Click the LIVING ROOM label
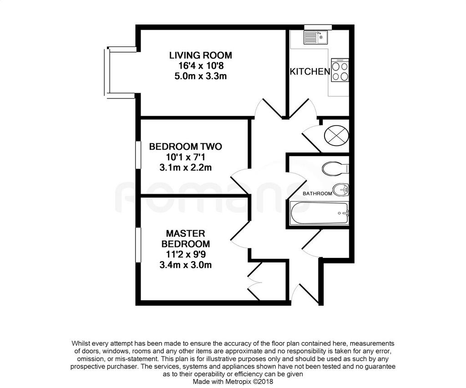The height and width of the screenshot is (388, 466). click(x=201, y=55)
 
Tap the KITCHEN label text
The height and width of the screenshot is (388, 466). click(x=309, y=71)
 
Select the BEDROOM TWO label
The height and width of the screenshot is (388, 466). click(x=186, y=147)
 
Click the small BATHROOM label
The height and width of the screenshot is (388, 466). click(x=317, y=194)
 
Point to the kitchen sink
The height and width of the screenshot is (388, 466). click(x=315, y=37)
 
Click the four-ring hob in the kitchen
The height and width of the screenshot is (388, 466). click(x=340, y=70)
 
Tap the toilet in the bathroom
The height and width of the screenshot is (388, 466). click(x=335, y=168)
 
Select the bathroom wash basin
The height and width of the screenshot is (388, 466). click(x=340, y=190)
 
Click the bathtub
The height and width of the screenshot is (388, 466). click(x=319, y=213)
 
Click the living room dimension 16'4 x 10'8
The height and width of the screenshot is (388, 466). click(x=201, y=66)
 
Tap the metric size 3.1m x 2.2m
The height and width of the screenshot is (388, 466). click(x=186, y=167)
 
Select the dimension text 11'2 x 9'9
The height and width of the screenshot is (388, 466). click(x=186, y=254)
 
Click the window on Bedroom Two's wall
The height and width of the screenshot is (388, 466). click(x=138, y=156)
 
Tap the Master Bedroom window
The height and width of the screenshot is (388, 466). click(x=138, y=245)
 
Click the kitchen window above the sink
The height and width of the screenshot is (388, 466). click(x=318, y=27)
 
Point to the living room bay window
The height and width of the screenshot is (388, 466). click(x=107, y=72)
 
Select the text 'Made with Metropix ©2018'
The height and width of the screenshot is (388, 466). click(x=233, y=381)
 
